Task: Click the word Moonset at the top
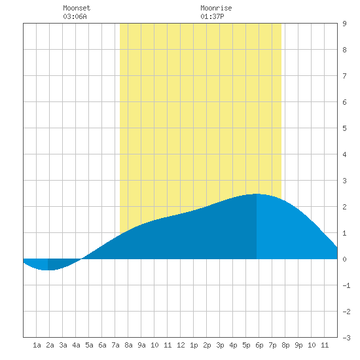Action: [x=77, y=8]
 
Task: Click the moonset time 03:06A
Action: [x=75, y=16]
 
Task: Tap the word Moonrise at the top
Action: [x=216, y=8]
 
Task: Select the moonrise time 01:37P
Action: [x=212, y=16]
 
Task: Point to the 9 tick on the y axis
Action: [x=344, y=24]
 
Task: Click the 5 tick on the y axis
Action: [x=344, y=128]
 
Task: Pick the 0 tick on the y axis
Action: [x=344, y=259]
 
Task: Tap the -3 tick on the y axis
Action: [x=346, y=338]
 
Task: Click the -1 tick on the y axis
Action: [x=346, y=285]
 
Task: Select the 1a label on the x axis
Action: [x=37, y=345]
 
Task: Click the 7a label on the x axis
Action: [x=115, y=345]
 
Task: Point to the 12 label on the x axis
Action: [x=181, y=345]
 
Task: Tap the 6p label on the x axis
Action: [x=259, y=345]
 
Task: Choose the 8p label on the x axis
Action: [x=285, y=345]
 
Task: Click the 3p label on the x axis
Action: [x=220, y=345]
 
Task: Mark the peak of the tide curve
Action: [x=257, y=194]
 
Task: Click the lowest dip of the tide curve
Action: [x=48, y=270]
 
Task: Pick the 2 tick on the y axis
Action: [x=344, y=207]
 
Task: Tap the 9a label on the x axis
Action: [x=141, y=345]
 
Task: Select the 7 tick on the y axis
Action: [x=344, y=76]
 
